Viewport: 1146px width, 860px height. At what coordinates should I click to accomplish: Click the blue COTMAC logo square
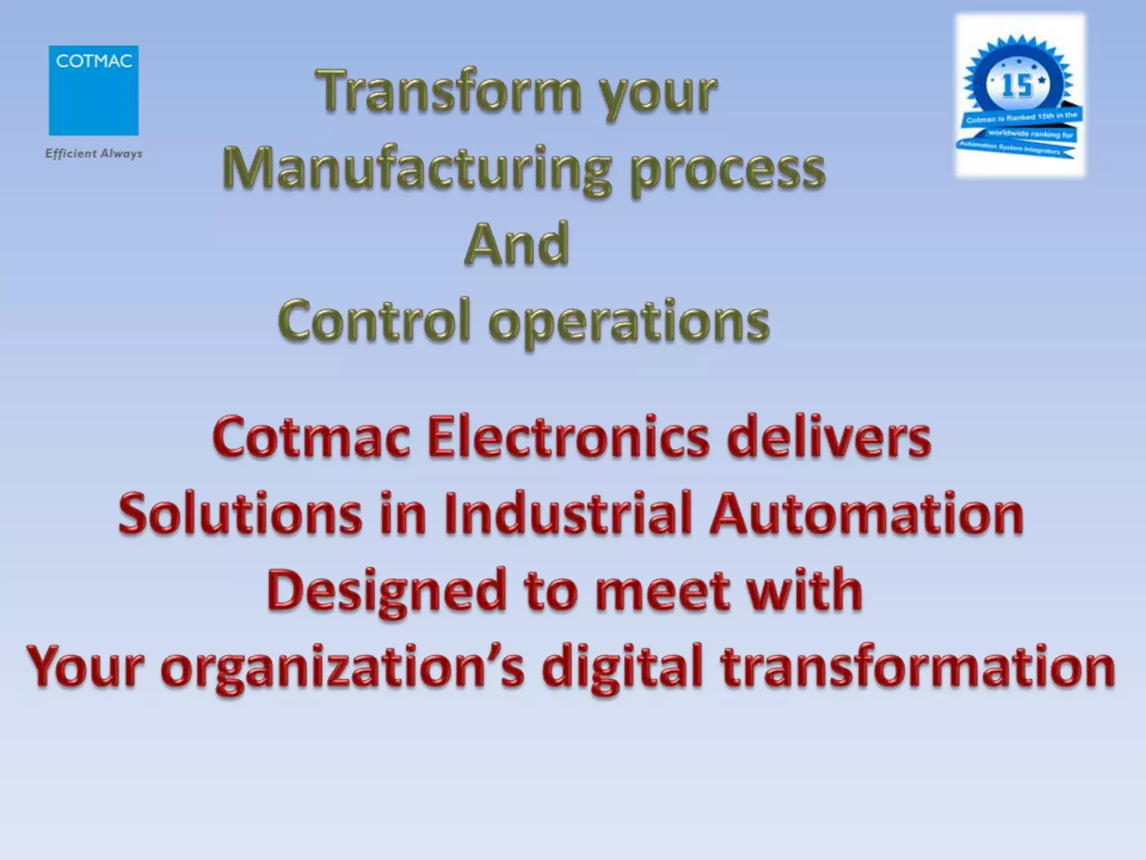pyautogui.click(x=93, y=90)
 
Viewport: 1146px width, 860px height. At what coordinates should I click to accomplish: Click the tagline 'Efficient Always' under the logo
pyautogui.click(x=93, y=153)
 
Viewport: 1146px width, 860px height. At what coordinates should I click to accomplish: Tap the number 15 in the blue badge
pyautogui.click(x=1017, y=86)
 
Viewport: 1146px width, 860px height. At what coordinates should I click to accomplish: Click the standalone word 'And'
pyautogui.click(x=516, y=245)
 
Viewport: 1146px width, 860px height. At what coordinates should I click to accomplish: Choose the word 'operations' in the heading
pyautogui.click(x=629, y=324)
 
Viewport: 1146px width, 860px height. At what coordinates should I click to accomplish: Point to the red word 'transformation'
pyautogui.click(x=917, y=667)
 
